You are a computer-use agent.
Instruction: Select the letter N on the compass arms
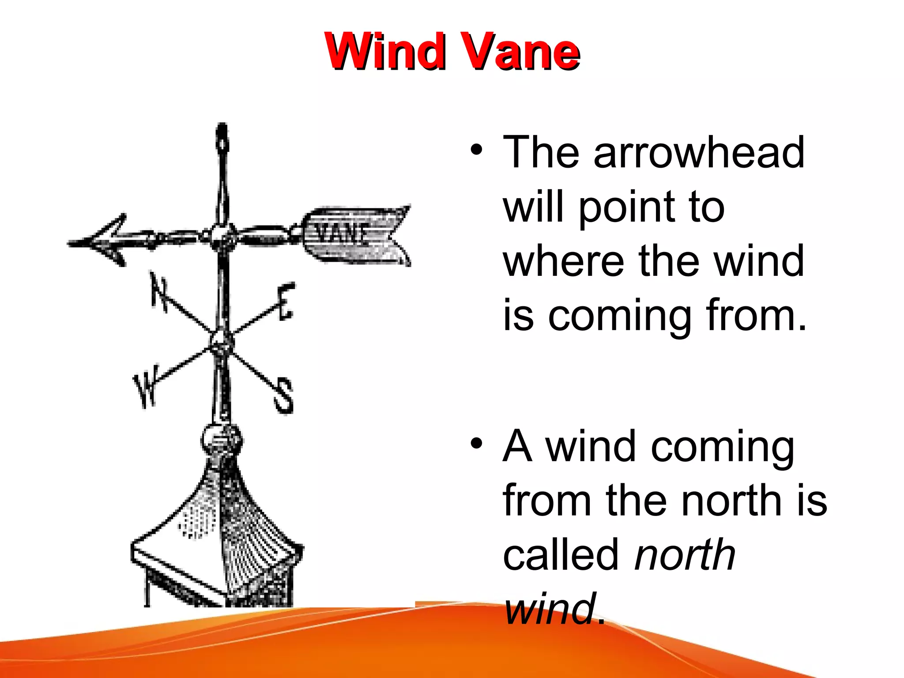click(158, 291)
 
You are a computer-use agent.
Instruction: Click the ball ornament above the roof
click(221, 440)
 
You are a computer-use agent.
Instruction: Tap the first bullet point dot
click(476, 151)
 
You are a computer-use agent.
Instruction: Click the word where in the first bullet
click(563, 261)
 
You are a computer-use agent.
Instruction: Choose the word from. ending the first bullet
click(756, 315)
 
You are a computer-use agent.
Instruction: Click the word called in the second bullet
click(561, 555)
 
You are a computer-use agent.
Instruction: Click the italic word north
click(685, 555)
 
